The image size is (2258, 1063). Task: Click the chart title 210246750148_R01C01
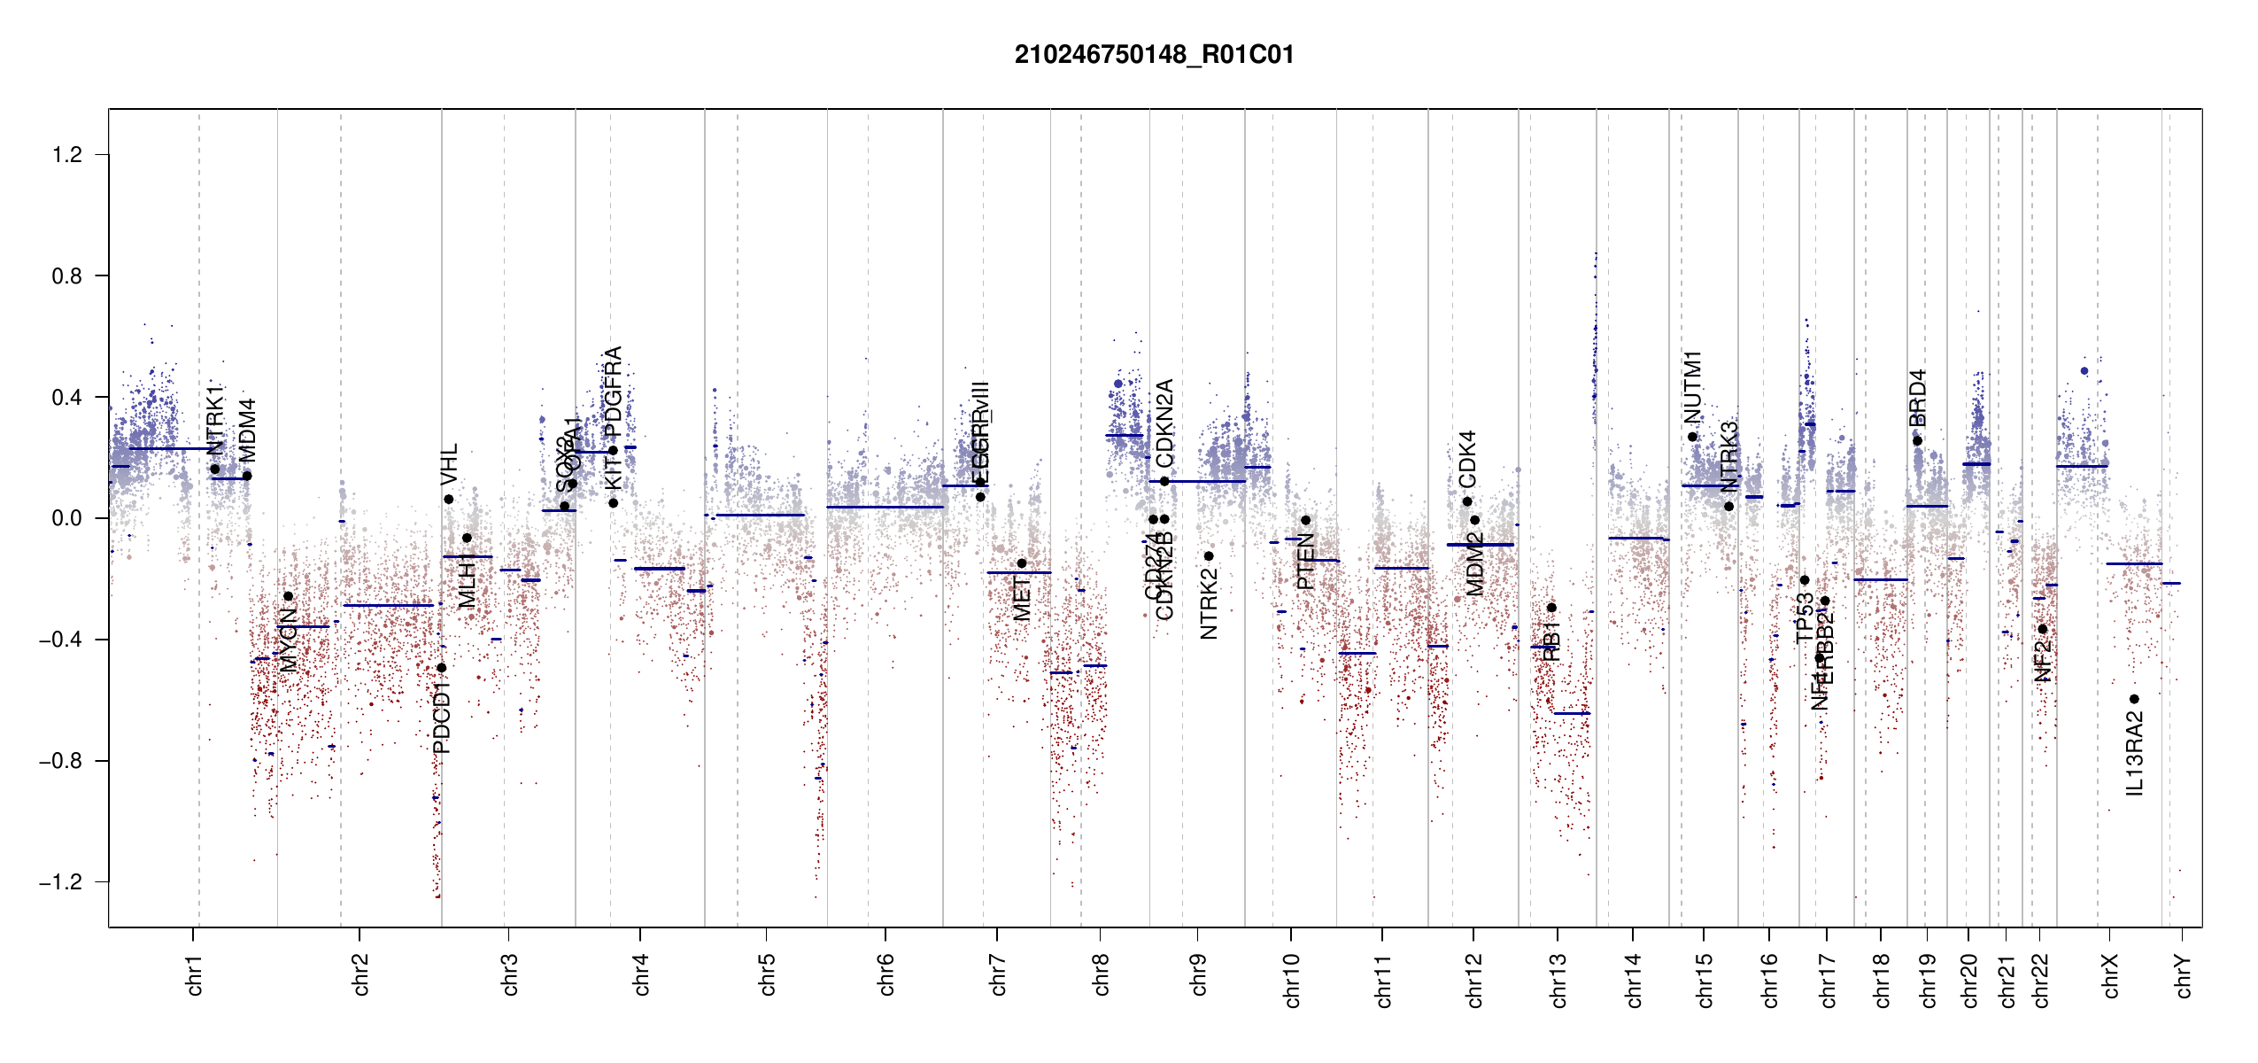tap(1154, 55)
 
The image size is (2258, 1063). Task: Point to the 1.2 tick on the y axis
tap(67, 155)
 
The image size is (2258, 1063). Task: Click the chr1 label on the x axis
tap(195, 974)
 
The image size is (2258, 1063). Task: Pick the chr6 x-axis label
tap(886, 974)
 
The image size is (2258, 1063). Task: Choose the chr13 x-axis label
tap(1558, 980)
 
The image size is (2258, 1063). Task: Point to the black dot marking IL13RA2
tap(2134, 699)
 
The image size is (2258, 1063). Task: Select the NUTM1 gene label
tap(1693, 387)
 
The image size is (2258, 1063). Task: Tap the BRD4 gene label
tap(1917, 398)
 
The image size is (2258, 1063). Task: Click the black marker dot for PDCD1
tap(442, 668)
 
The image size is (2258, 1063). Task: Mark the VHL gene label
tap(449, 464)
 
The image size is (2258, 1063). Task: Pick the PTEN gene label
tap(1305, 561)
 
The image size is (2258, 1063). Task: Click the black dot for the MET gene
tap(1022, 563)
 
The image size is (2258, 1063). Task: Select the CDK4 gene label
tap(1467, 459)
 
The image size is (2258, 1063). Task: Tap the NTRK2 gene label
tap(1209, 603)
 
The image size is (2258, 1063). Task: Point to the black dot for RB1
tap(1551, 608)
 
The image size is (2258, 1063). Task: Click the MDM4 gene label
tap(248, 431)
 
